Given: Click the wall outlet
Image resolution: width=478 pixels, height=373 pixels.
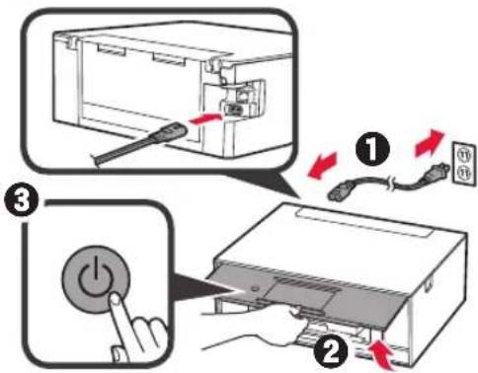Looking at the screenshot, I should point(457,157).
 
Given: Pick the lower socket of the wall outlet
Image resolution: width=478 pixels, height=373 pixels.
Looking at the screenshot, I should point(457,167).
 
